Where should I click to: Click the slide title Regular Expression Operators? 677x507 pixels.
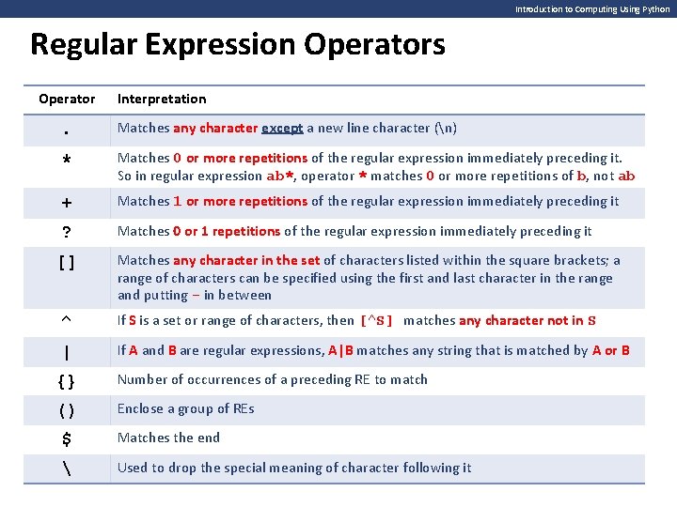tap(238, 44)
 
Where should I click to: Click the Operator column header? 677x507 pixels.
tap(67, 99)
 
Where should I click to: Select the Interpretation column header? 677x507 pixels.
tap(162, 99)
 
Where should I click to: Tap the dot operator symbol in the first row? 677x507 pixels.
tap(66, 130)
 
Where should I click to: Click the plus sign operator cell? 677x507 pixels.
tap(66, 201)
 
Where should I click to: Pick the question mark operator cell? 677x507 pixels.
tap(66, 232)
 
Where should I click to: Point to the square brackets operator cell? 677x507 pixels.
tap(66, 261)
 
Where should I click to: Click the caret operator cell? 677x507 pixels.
tap(66, 321)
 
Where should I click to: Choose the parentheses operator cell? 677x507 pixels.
tap(66, 410)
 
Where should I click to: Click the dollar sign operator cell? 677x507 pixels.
tap(66, 438)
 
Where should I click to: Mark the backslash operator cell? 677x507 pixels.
tap(66, 469)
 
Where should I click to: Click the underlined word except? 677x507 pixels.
tap(282, 129)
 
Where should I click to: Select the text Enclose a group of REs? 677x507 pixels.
tap(185, 408)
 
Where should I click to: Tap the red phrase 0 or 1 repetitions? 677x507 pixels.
tap(227, 231)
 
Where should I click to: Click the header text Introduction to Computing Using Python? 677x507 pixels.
tap(592, 9)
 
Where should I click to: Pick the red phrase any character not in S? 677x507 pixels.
tap(527, 321)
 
